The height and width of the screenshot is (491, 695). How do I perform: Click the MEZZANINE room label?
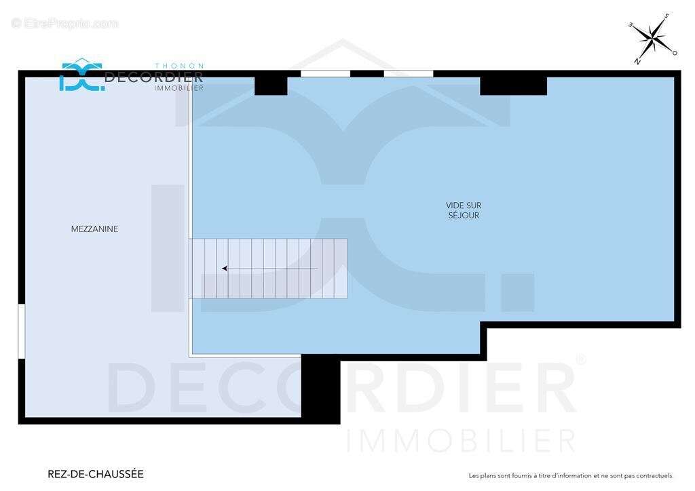pyautogui.click(x=94, y=229)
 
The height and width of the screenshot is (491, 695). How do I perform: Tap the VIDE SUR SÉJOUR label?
pyautogui.click(x=464, y=210)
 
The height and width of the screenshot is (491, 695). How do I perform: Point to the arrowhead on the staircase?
pyautogui.click(x=225, y=269)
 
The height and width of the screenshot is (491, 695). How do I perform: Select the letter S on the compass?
pyautogui.click(x=666, y=16)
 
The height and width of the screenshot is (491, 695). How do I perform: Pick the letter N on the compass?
pyautogui.click(x=637, y=60)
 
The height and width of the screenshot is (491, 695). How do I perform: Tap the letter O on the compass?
pyautogui.click(x=675, y=52)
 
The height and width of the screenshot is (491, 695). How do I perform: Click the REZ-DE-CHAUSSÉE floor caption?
pyautogui.click(x=96, y=474)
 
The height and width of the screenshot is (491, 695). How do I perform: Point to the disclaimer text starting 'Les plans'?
pyautogui.click(x=571, y=476)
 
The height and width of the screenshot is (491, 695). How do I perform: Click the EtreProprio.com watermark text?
pyautogui.click(x=65, y=23)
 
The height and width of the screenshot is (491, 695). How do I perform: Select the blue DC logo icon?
pyautogui.click(x=81, y=75)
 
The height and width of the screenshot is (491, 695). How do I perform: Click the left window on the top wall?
pyautogui.click(x=326, y=73)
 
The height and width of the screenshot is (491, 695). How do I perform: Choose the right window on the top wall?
pyautogui.click(x=409, y=73)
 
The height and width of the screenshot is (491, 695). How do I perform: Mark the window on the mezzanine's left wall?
pyautogui.click(x=22, y=331)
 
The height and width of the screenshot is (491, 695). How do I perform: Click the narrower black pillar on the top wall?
pyautogui.click(x=271, y=85)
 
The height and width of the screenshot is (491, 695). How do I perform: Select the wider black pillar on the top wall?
pyautogui.click(x=513, y=85)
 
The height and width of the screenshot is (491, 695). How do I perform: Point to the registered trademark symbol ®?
pyautogui.click(x=580, y=359)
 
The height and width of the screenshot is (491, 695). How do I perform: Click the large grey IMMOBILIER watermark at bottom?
pyautogui.click(x=462, y=441)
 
